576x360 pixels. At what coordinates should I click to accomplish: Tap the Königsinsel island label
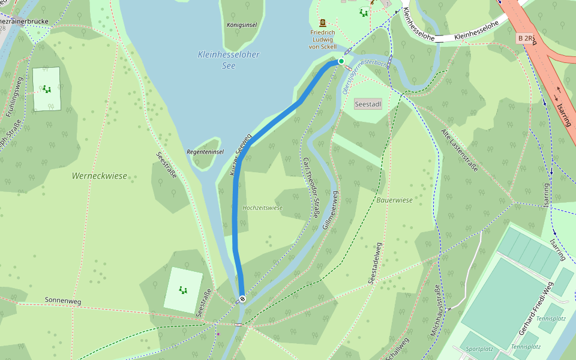(x=242, y=25)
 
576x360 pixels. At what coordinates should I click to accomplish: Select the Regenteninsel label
(x=205, y=152)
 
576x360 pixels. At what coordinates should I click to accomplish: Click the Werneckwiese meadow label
(x=100, y=176)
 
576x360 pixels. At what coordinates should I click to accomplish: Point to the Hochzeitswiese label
(x=262, y=208)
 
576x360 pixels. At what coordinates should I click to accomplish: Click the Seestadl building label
(x=368, y=104)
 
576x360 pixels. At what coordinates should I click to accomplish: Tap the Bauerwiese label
(x=395, y=200)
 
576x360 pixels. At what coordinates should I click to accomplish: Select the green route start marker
(x=341, y=61)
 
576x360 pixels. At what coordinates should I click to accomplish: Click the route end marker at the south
(x=242, y=298)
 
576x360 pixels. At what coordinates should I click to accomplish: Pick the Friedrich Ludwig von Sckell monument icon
(x=323, y=22)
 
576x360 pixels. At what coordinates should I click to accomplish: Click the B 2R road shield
(x=526, y=38)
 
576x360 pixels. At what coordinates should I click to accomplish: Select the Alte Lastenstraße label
(x=459, y=150)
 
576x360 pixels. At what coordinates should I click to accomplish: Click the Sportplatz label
(x=479, y=349)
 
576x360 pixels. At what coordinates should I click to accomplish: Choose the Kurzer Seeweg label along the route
(x=241, y=154)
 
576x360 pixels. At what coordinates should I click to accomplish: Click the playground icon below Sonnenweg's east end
(x=182, y=290)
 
